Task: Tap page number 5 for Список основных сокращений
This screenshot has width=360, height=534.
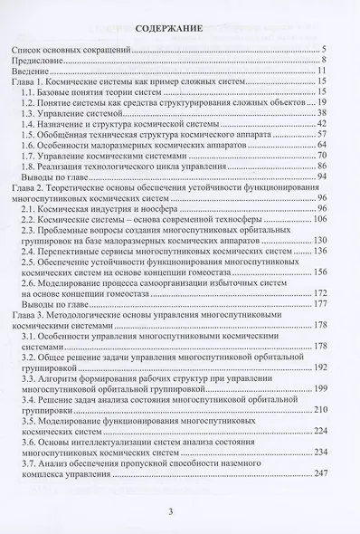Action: pyautogui.click(x=324, y=48)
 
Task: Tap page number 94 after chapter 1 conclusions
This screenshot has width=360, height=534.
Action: pyautogui.click(x=321, y=179)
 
